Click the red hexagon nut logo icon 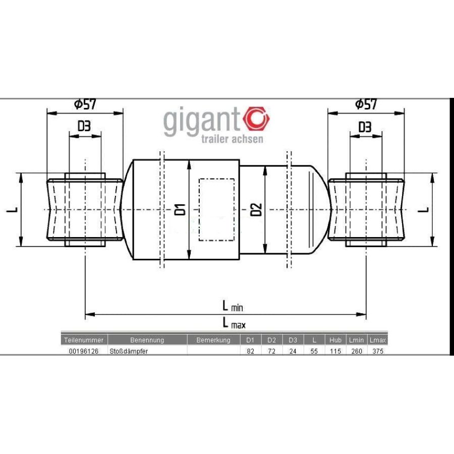pos(257,119)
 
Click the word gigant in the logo pos(202,121)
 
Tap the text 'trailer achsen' pos(232,139)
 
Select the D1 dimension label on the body pos(180,209)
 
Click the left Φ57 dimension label pos(85,104)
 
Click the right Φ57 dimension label pos(366,104)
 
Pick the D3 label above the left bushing pos(84,126)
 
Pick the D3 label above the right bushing pos(365,127)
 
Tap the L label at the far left pos(12,209)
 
